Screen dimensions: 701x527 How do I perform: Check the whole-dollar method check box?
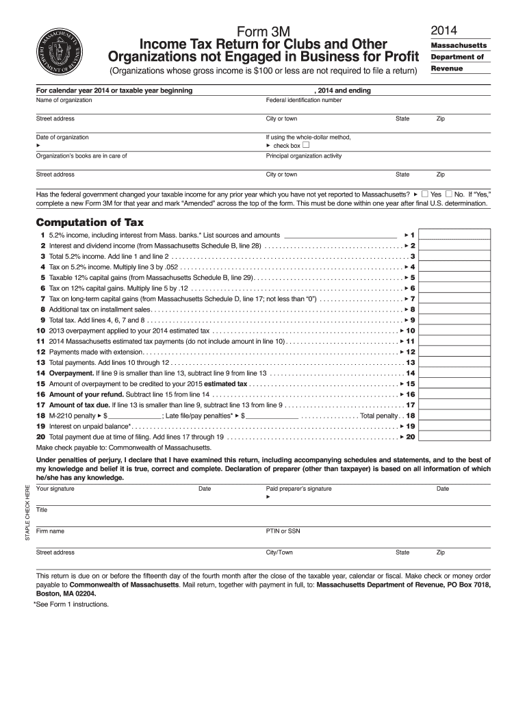[306, 146]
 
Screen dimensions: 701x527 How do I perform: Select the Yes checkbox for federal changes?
[425, 194]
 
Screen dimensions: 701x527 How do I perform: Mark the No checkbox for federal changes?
[450, 194]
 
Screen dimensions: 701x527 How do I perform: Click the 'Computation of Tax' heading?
[90, 222]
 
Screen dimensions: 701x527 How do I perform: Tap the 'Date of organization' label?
[62, 138]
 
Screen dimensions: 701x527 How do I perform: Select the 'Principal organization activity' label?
[303, 156]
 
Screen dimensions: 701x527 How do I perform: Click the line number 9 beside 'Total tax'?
[43, 320]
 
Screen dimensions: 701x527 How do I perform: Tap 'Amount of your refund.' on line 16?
[86, 394]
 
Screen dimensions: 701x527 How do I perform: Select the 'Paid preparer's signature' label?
[298, 489]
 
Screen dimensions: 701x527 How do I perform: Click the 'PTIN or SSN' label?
[283, 531]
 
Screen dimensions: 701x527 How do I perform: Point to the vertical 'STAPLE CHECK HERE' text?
[27, 513]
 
